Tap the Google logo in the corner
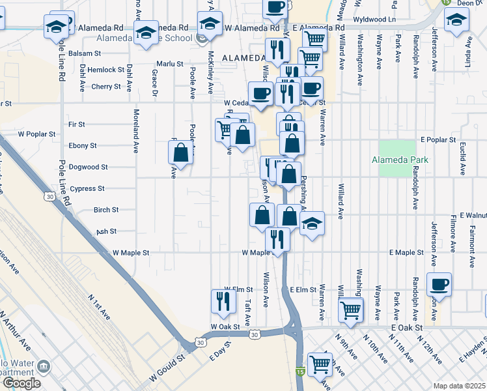click(x=21, y=383)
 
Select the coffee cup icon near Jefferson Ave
click(x=438, y=284)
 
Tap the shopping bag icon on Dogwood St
click(x=181, y=153)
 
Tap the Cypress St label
click(x=88, y=188)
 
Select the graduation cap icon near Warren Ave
click(x=313, y=224)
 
